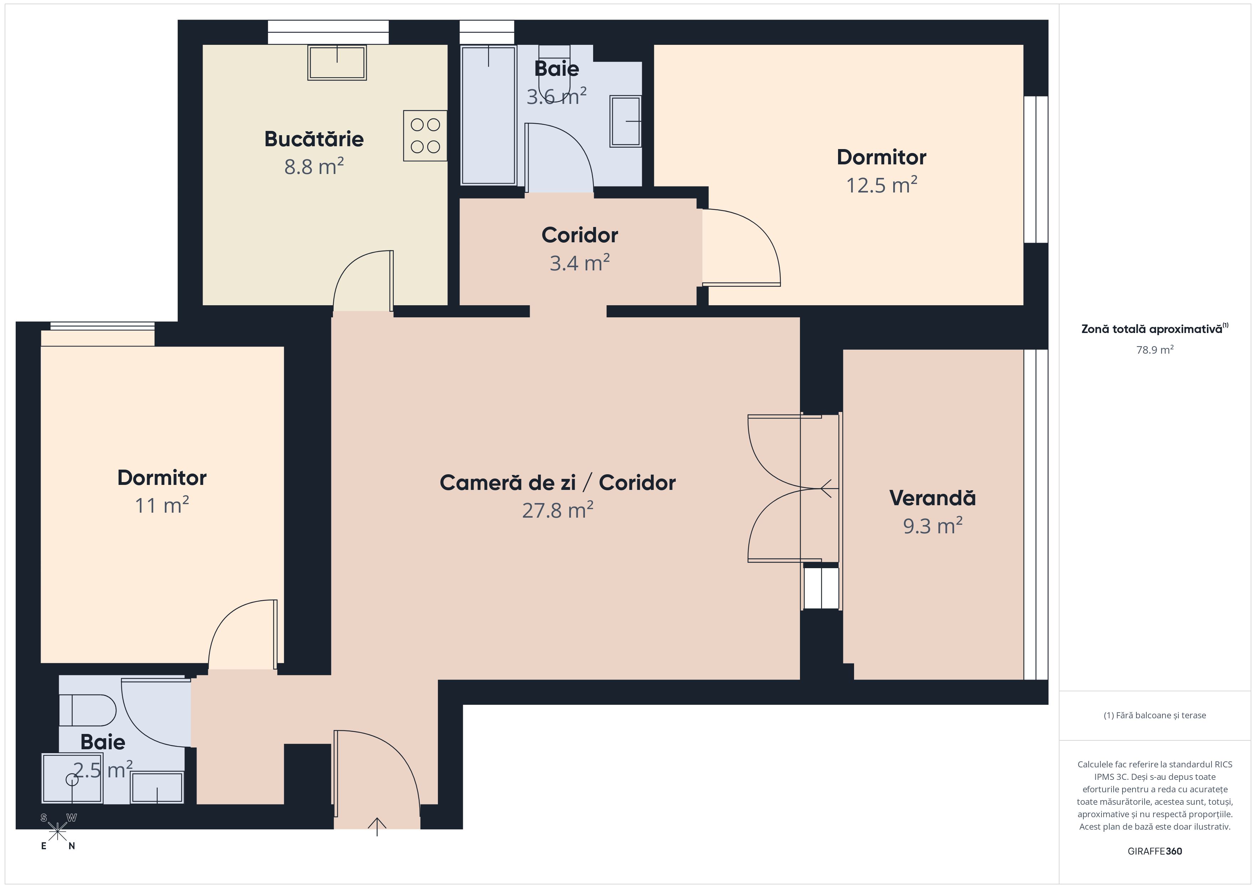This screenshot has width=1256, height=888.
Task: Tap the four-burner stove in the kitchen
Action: point(425,136)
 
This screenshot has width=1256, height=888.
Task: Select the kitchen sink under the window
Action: point(337,62)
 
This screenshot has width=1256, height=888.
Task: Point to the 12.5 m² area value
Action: point(881,185)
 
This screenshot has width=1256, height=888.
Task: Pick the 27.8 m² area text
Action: point(558,510)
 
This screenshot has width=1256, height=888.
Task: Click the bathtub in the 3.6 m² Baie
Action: point(488,115)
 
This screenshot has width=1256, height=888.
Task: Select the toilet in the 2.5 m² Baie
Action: point(88,710)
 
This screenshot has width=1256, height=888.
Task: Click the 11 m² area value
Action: point(162,505)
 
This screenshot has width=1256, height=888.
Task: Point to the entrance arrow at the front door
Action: point(377,826)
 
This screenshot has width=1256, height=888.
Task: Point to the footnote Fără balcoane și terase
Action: point(1155,715)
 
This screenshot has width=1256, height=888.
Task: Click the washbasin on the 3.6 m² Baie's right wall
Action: point(626,121)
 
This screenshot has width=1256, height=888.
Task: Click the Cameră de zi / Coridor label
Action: point(558,483)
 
